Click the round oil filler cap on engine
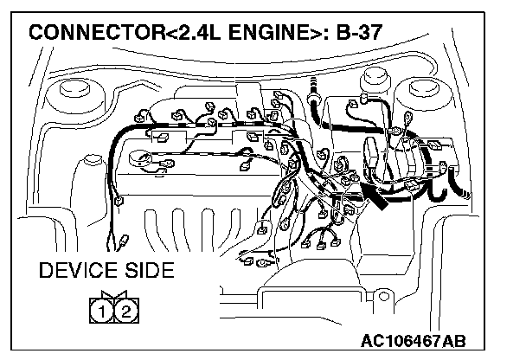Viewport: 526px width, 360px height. click(x=139, y=160)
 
